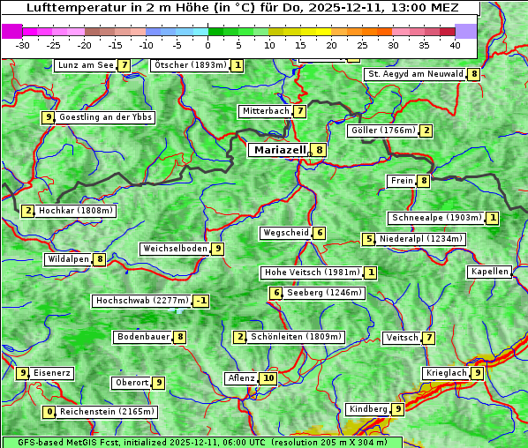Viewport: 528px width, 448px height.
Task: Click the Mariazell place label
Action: click(280, 150)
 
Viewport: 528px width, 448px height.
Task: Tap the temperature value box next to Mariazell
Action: click(319, 150)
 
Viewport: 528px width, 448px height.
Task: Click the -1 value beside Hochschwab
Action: click(201, 301)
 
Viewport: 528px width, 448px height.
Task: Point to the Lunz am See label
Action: click(86, 65)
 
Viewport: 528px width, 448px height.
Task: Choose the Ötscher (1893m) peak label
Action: click(190, 65)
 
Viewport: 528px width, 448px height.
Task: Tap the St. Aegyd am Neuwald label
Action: click(416, 74)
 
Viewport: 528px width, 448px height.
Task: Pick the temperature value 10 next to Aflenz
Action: click(268, 378)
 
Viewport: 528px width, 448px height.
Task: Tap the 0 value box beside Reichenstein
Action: click(50, 412)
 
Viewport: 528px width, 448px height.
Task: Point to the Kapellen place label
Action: click(489, 272)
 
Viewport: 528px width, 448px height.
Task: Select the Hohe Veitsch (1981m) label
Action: click(312, 273)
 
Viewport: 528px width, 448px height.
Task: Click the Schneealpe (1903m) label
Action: click(437, 218)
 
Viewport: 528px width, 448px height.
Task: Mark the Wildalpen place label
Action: click(69, 259)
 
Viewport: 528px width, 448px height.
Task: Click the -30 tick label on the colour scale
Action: click(23, 44)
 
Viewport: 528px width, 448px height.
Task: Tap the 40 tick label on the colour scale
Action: click(455, 44)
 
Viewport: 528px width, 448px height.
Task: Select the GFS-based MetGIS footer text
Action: click(201, 442)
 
